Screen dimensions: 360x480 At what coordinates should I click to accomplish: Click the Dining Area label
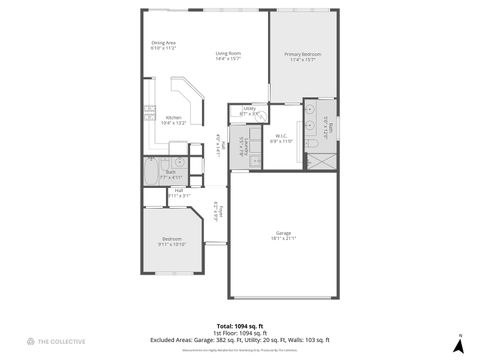click(x=164, y=42)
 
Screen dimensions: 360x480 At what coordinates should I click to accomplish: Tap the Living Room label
click(x=229, y=54)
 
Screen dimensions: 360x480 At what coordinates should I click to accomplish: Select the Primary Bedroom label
click(x=301, y=54)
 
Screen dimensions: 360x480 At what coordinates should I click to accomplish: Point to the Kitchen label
click(x=174, y=117)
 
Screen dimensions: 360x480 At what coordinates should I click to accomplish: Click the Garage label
click(x=284, y=233)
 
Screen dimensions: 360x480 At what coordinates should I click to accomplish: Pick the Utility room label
click(x=249, y=108)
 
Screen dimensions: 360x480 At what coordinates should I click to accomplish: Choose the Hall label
click(x=179, y=190)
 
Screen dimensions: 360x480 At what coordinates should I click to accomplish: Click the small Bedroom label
click(x=172, y=238)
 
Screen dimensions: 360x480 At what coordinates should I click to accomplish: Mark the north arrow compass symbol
click(x=459, y=345)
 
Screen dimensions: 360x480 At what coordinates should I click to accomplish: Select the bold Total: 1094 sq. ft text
click(x=240, y=326)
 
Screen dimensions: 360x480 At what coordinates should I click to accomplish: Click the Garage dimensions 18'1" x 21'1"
click(x=284, y=239)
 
